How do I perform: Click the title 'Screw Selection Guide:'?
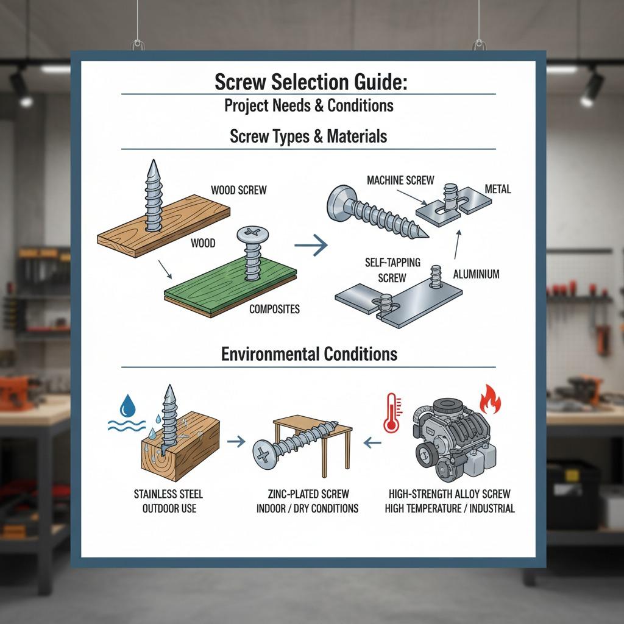tap(310, 82)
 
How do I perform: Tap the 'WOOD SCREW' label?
tap(238, 190)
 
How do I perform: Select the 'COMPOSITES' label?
tap(274, 309)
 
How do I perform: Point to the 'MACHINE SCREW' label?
tap(400, 180)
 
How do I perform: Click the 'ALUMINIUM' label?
tap(476, 274)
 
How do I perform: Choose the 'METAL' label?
tap(497, 190)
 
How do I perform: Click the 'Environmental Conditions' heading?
tap(309, 353)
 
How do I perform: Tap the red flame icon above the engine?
tap(489, 401)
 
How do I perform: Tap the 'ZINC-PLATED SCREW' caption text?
tap(308, 494)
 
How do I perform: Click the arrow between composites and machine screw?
tap(310, 246)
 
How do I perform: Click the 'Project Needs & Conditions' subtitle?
tap(308, 105)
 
